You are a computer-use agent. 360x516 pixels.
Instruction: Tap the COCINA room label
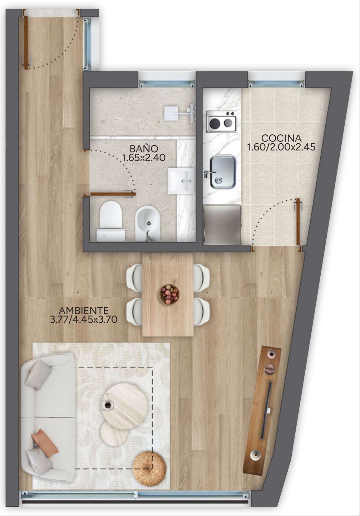coord(281,138)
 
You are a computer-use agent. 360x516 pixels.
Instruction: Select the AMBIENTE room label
coord(84,311)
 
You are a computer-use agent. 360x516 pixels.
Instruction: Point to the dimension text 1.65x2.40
coord(144,158)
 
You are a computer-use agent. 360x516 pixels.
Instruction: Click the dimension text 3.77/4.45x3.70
coord(84,319)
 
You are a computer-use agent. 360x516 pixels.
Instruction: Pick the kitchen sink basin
coord(223,172)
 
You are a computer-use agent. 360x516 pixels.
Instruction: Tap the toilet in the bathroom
coord(111,221)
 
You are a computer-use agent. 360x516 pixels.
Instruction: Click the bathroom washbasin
coord(181,181)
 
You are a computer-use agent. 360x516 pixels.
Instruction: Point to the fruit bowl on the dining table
coord(169,294)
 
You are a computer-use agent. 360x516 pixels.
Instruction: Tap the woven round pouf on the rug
coord(149,471)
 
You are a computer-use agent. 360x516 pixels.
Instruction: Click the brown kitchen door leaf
coord(298,222)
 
